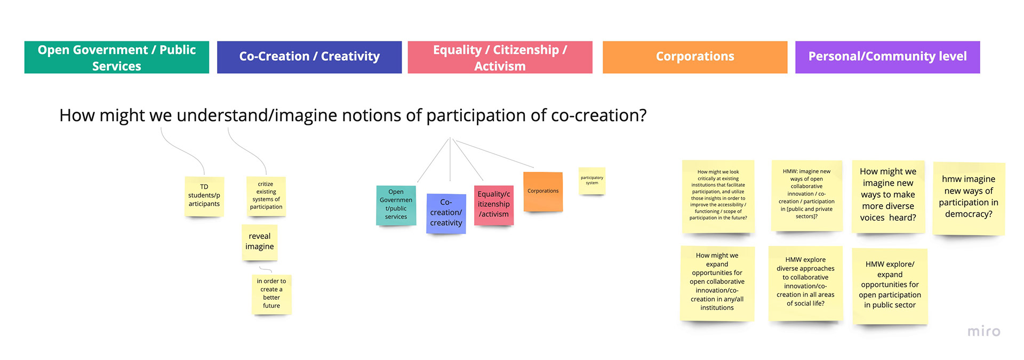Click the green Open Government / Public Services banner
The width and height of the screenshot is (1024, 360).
click(x=117, y=57)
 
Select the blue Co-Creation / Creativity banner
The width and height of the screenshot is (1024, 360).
click(x=309, y=57)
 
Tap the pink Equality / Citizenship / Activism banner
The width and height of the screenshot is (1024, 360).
click(x=500, y=57)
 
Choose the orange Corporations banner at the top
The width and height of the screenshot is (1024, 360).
click(x=695, y=57)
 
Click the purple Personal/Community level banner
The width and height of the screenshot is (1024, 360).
click(x=887, y=57)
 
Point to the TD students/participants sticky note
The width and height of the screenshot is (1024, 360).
click(x=204, y=196)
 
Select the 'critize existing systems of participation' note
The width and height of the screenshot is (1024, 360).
click(x=266, y=196)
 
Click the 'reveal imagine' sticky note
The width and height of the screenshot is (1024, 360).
click(x=260, y=242)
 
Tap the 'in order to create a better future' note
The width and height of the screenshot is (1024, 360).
click(x=271, y=294)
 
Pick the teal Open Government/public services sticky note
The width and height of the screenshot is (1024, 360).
click(x=396, y=205)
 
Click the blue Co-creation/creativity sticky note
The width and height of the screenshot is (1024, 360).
click(x=446, y=213)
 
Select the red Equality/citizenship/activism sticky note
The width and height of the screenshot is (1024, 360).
click(x=494, y=205)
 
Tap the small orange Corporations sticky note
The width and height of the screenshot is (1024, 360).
click(x=543, y=191)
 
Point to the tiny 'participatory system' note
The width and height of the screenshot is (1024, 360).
click(x=592, y=181)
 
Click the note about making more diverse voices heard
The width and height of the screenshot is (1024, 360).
click(x=888, y=196)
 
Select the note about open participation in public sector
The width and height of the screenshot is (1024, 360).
click(x=890, y=285)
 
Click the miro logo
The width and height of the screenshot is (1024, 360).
click(x=984, y=331)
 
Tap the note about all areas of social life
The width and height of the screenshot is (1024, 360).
click(x=805, y=283)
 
